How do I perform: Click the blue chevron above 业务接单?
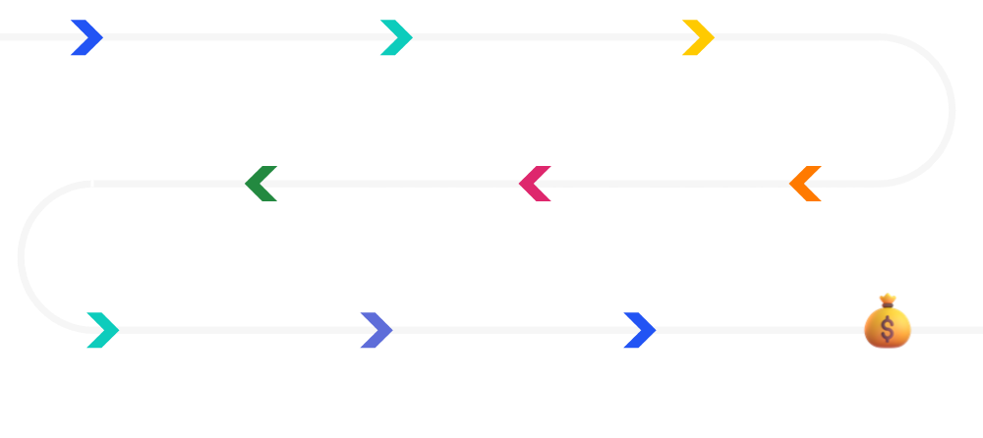tap(87, 37)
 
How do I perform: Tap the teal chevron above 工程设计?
tap(396, 37)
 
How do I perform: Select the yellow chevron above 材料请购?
tap(698, 37)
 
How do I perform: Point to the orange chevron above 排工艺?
tap(805, 184)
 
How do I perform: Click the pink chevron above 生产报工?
tap(535, 184)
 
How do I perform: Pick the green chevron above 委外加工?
tap(261, 184)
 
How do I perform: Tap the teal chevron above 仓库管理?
tap(102, 330)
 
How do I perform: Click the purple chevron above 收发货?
tap(376, 330)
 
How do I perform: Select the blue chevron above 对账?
tap(639, 330)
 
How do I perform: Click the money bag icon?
tap(888, 321)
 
